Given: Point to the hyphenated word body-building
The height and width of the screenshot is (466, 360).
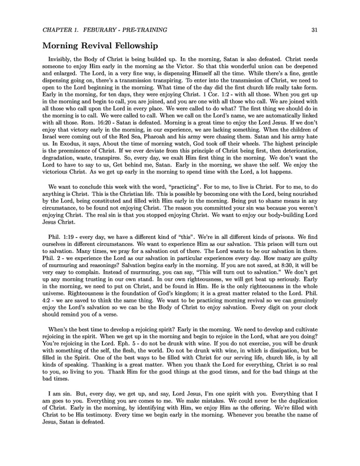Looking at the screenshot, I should coord(273,228).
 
